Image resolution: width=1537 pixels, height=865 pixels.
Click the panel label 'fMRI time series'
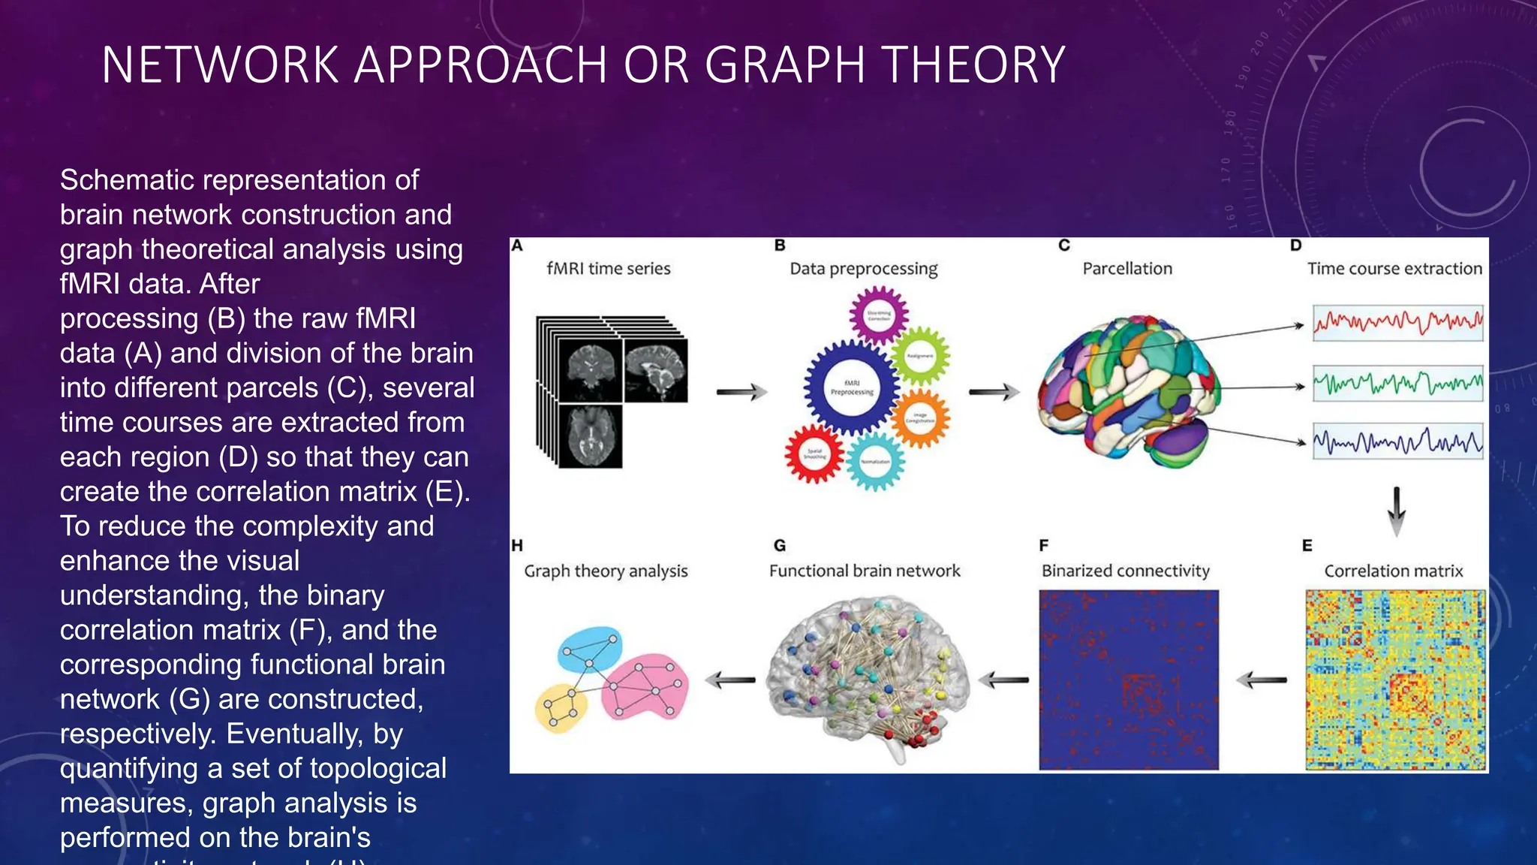[x=608, y=269]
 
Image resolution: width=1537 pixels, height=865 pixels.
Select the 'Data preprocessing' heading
[x=863, y=269]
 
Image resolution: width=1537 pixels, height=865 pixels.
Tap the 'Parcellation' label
[x=1126, y=269]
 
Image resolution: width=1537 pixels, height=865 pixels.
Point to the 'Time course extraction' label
[x=1394, y=269]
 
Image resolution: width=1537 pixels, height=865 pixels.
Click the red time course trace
[x=1397, y=323]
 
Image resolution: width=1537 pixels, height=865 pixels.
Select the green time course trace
[x=1397, y=384]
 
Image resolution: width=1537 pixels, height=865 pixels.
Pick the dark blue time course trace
[x=1397, y=442]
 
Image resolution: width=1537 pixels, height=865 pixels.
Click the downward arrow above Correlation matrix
[x=1396, y=511]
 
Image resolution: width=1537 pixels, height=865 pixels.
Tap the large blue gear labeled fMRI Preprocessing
[x=852, y=387]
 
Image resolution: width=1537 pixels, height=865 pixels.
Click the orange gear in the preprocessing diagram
[x=921, y=417]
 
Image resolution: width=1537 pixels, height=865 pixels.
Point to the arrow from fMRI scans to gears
[x=741, y=391]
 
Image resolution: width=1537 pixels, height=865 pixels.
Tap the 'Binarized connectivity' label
[x=1125, y=571]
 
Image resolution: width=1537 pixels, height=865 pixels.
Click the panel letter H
[x=517, y=546]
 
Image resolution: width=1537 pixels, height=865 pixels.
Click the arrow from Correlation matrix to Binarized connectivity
[x=1262, y=680]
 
